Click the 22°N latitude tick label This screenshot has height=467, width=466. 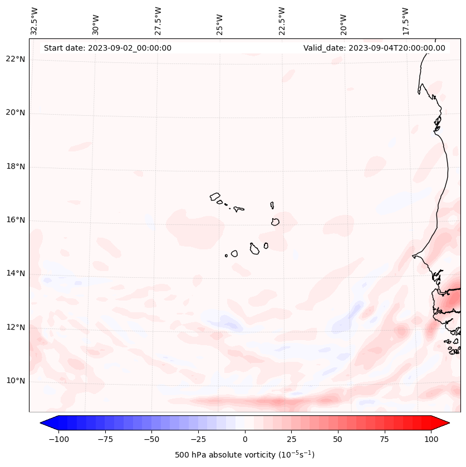(16, 59)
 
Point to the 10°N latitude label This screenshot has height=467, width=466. (16, 381)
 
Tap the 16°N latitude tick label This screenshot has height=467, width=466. (16, 220)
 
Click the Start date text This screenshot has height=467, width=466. (107, 48)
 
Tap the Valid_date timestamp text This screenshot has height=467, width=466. (374, 48)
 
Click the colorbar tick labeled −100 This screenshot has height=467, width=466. (58, 439)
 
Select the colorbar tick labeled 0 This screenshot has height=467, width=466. (245, 439)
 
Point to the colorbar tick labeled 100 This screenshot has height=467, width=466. (431, 439)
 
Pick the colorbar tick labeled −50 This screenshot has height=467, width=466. (151, 439)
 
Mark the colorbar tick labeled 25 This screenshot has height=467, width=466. (291, 439)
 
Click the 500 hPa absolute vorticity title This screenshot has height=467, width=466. (244, 455)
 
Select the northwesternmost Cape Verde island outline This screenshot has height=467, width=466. (215, 196)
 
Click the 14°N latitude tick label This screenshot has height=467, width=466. (16, 273)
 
